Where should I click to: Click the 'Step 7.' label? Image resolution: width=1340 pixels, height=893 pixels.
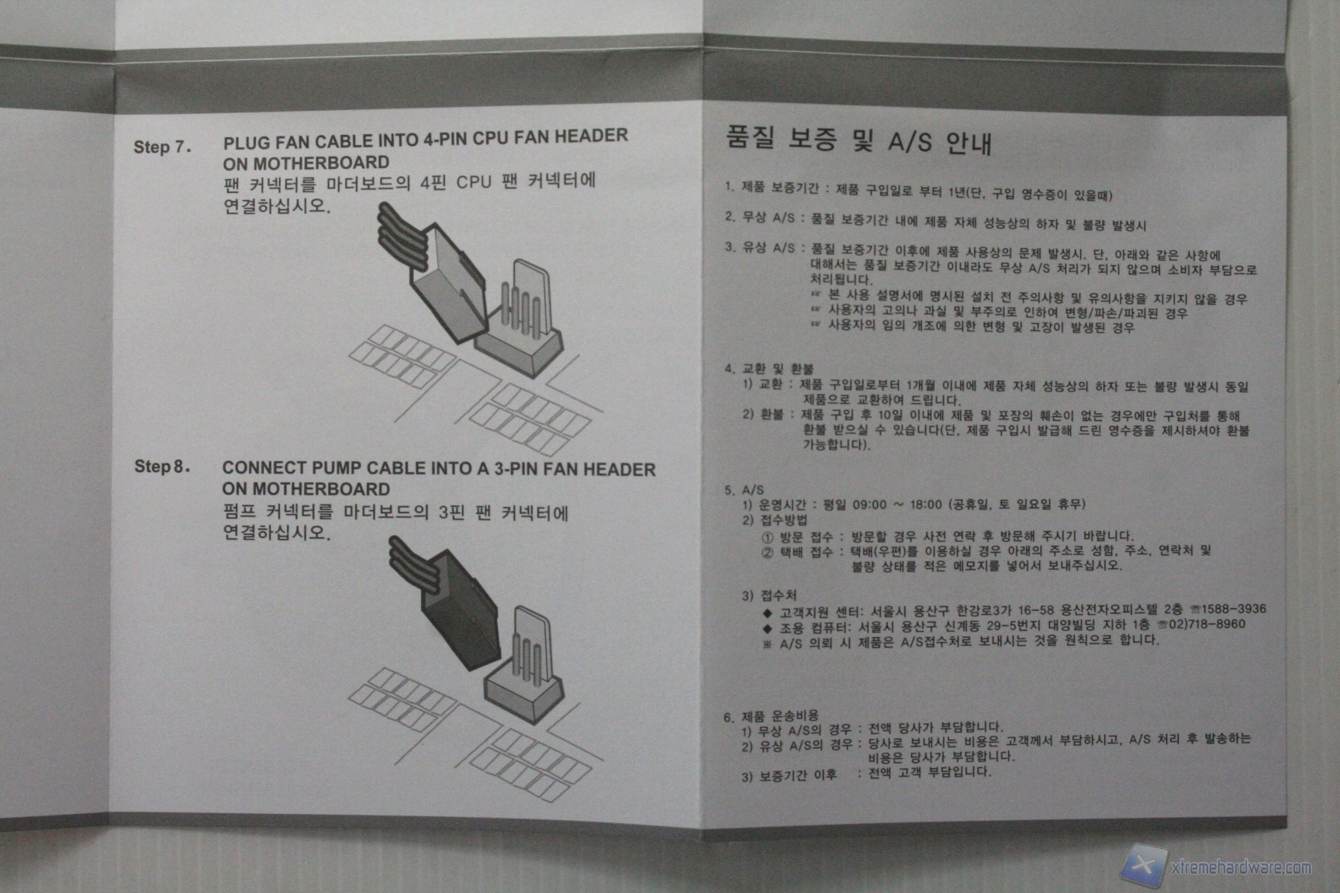pos(162,147)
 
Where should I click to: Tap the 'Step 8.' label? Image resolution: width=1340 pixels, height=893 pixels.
pos(162,466)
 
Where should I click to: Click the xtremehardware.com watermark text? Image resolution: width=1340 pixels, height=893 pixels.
pos(1240,867)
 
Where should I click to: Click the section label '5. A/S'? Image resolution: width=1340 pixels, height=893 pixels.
pos(744,490)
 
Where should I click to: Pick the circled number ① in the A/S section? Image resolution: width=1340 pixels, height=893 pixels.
pos(768,536)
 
